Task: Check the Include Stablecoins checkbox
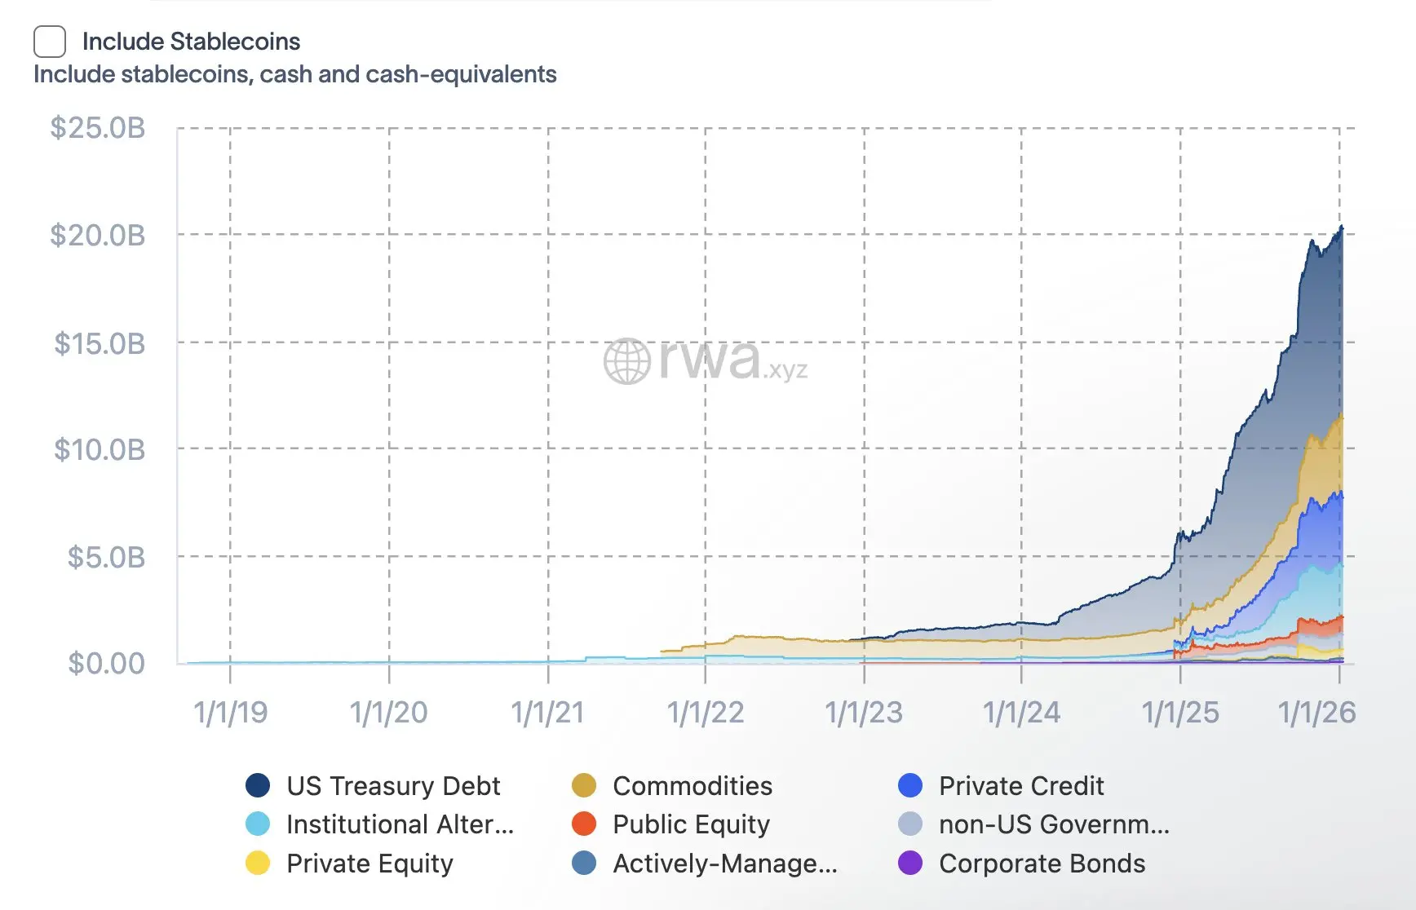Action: pos(50,42)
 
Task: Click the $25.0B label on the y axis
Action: pos(98,128)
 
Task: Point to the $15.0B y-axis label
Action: pos(100,343)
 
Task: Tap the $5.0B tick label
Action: pos(106,558)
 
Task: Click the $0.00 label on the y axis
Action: pos(106,664)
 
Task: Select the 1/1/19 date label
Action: pos(230,713)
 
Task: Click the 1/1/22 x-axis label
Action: pos(706,713)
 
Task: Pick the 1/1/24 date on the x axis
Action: pos(1021,713)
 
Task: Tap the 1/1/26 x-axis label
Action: pos(1316,713)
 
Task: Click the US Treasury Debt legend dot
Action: pos(258,785)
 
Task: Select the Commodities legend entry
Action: pos(692,785)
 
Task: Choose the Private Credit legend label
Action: pos(1020,785)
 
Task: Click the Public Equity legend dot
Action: pos(584,824)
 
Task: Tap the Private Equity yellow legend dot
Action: pos(258,863)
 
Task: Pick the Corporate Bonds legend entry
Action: pos(1042,863)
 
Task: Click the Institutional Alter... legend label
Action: pos(400,824)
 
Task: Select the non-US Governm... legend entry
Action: pos(1054,824)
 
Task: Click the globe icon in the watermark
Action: pos(626,361)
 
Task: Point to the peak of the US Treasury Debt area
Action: pos(1341,227)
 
